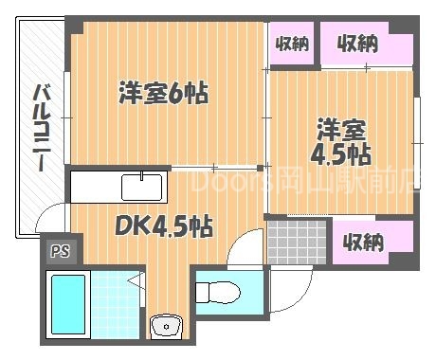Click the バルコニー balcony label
(x=43, y=129)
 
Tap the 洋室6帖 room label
(x=163, y=94)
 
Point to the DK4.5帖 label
(x=164, y=226)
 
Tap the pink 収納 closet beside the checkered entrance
(x=363, y=242)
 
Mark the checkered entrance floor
(x=296, y=242)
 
